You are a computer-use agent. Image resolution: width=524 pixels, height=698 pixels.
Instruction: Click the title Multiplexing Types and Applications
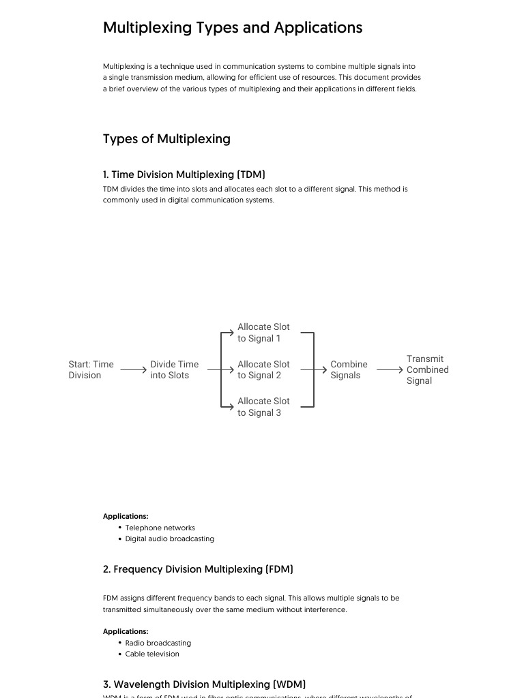(233, 28)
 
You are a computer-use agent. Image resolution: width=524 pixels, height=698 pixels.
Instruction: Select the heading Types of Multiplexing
(166, 139)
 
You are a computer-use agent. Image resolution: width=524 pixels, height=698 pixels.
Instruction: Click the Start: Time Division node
(91, 369)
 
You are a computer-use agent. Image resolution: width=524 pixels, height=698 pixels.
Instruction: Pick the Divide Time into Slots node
(174, 369)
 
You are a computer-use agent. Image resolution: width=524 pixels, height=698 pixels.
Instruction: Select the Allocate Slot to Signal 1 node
(263, 333)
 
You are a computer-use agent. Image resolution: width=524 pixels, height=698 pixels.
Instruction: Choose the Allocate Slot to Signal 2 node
(263, 369)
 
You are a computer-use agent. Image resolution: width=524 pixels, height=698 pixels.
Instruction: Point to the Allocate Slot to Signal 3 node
(263, 407)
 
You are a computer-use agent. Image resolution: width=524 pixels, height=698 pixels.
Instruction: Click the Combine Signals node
(349, 369)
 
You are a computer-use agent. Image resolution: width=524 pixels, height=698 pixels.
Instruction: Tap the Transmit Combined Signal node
(427, 369)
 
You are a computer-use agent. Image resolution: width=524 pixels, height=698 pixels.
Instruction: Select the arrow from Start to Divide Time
(134, 370)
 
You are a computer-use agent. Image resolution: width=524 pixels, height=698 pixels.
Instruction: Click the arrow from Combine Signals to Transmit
(390, 370)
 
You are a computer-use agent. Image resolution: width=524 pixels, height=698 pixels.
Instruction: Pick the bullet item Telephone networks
(160, 528)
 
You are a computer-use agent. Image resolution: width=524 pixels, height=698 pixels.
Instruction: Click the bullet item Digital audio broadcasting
(169, 538)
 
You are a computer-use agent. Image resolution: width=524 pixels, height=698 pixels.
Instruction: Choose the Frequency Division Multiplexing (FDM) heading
(198, 569)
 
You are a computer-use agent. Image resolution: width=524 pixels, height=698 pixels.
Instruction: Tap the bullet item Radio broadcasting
(158, 643)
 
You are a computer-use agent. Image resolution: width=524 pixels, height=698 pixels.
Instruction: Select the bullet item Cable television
(152, 654)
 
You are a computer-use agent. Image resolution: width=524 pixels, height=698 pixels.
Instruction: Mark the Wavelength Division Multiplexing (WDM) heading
(204, 684)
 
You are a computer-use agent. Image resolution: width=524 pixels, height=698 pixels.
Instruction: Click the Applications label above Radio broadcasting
(126, 631)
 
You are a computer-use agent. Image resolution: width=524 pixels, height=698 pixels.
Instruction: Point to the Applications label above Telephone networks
(126, 516)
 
